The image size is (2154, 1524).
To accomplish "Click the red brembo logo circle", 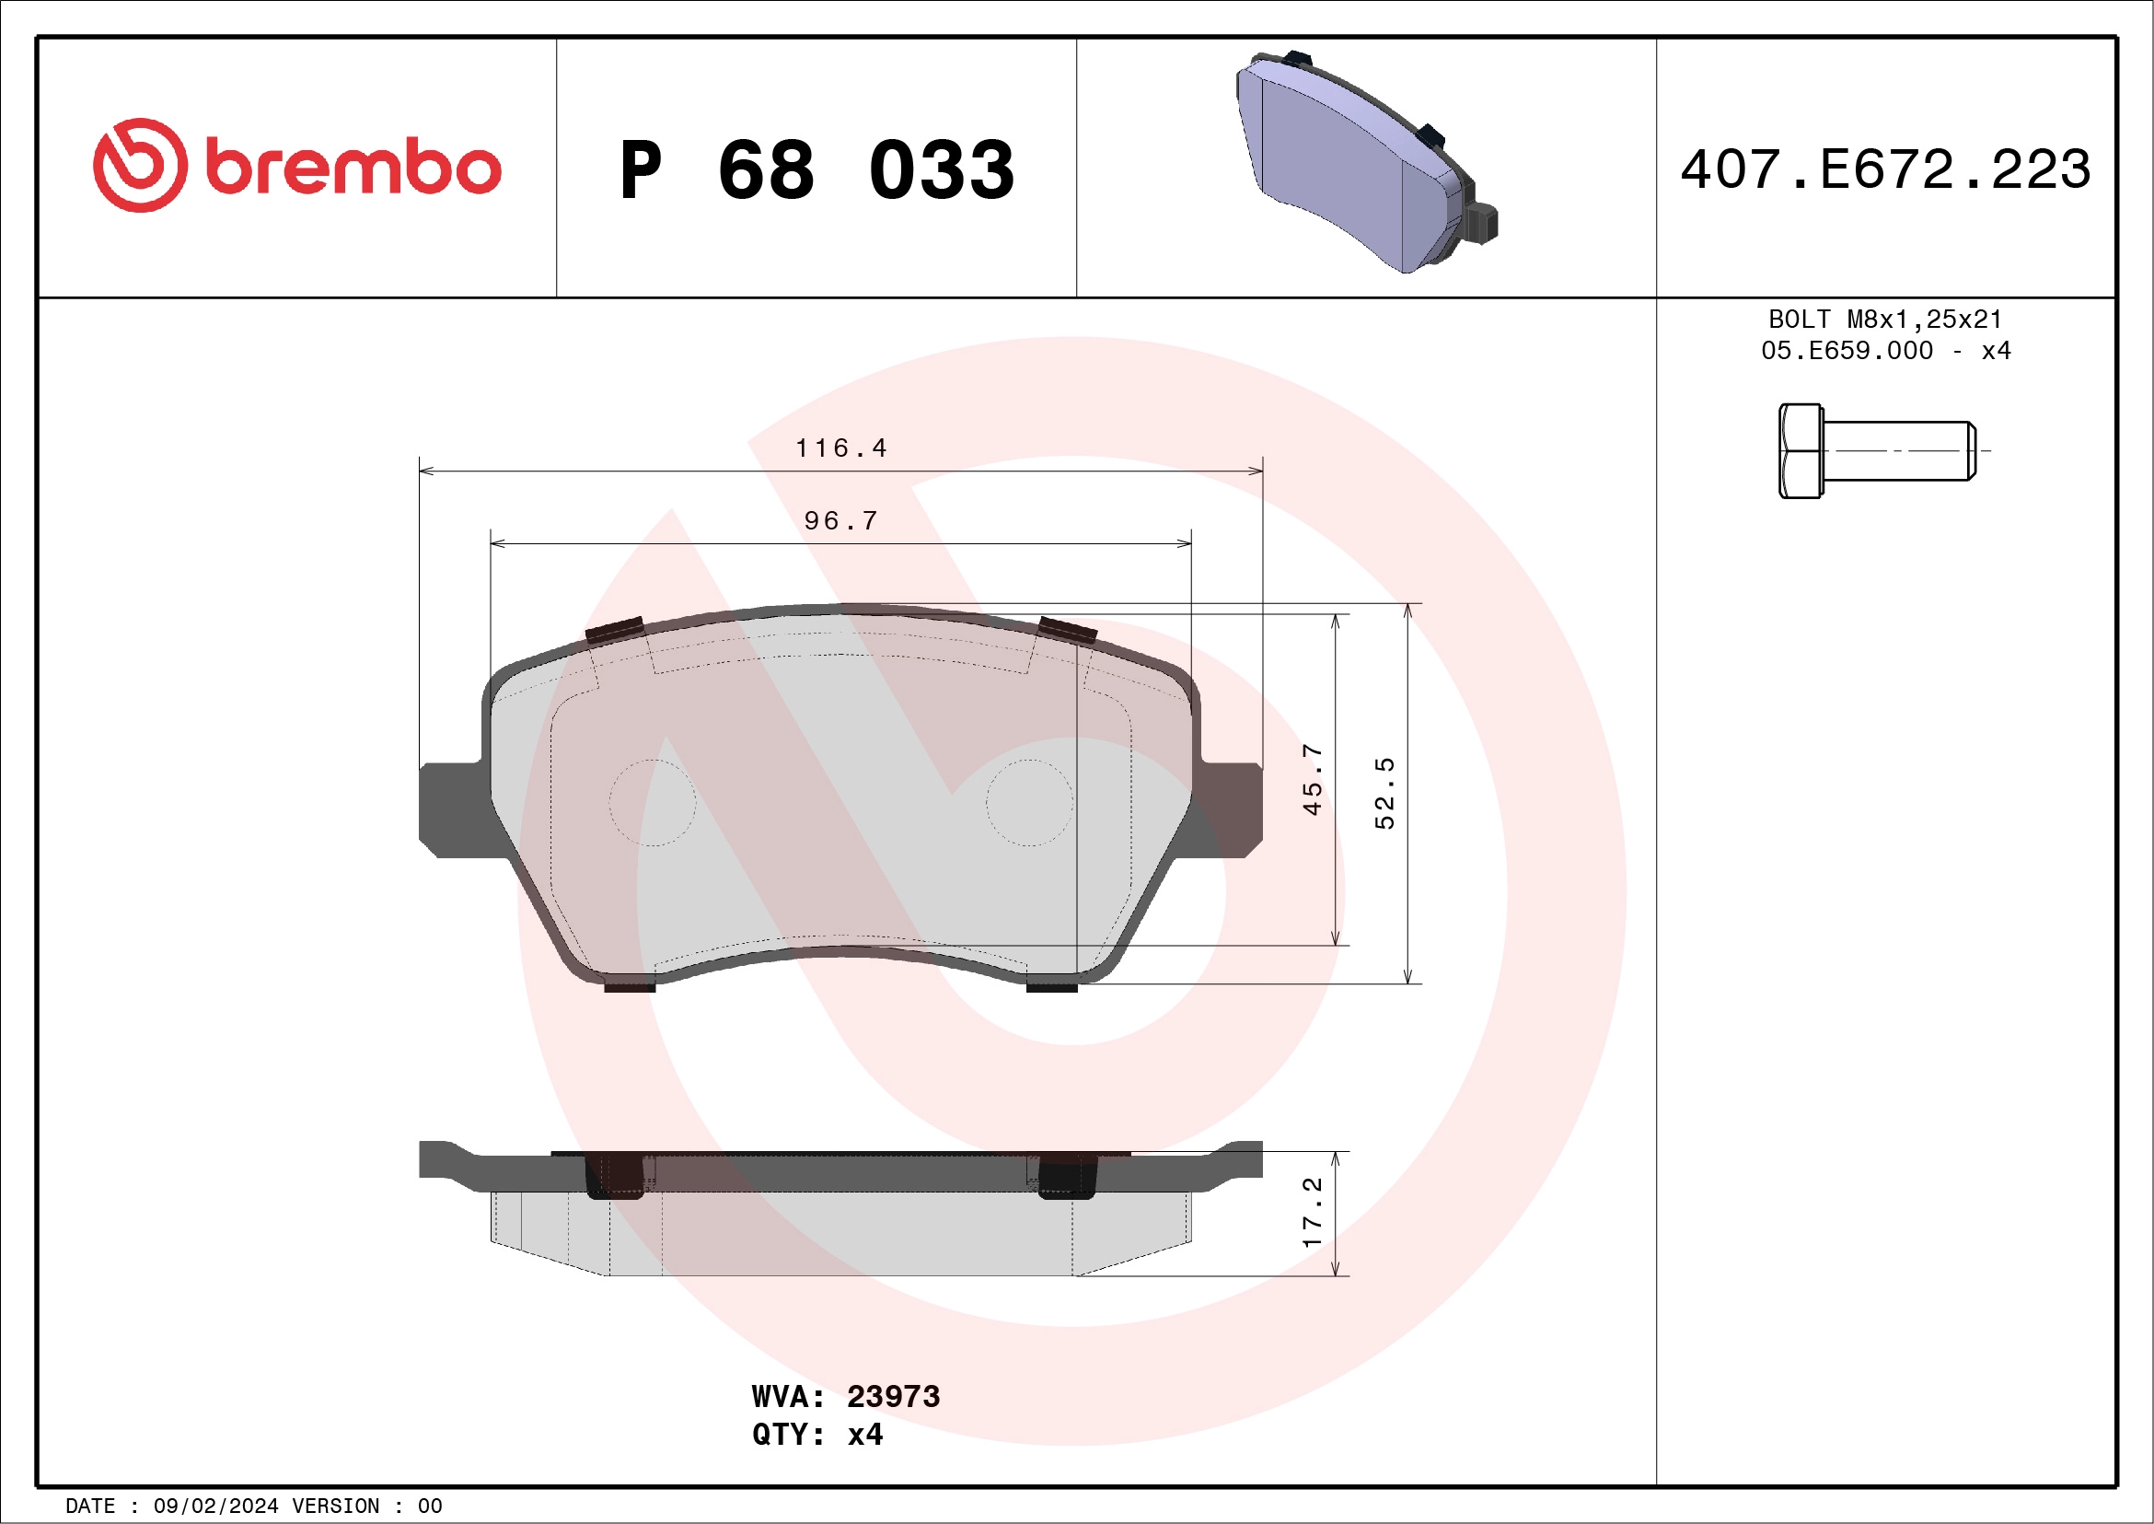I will pos(140,165).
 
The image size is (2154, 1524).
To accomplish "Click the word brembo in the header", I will pos(353,167).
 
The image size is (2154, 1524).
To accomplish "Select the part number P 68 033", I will pos(816,169).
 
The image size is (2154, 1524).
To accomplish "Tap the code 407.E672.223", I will pos(1885,169).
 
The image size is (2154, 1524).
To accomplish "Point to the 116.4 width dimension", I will pos(840,448).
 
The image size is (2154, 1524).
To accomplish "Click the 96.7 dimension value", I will pos(840,521).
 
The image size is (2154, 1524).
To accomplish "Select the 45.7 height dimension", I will pos(1312,780).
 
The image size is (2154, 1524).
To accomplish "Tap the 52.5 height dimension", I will pos(1384,793).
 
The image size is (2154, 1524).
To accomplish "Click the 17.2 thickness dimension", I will pos(1312,1213).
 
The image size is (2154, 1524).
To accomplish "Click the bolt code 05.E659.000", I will pos(1847,351).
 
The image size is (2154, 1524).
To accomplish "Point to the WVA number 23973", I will pos(892,1397).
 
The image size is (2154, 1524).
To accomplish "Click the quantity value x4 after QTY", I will pos(864,1435).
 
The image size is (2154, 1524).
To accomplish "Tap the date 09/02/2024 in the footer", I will pos(215,1507).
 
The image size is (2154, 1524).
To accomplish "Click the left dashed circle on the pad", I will pos(652,802).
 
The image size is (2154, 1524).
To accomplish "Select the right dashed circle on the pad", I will pos(1029,802).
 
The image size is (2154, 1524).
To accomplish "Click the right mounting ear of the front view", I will pos(1230,809).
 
